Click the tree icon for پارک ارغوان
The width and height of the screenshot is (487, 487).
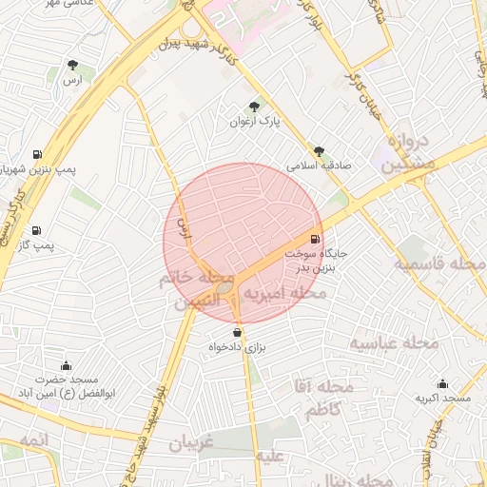pyautogui.click(x=254, y=107)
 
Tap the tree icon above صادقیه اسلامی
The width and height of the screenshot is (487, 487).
pyautogui.click(x=319, y=150)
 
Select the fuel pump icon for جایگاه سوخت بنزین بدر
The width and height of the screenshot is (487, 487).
pyautogui.click(x=315, y=239)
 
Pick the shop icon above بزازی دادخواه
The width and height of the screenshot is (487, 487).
pyautogui.click(x=237, y=333)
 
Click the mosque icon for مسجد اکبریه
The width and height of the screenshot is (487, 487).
pyautogui.click(x=442, y=383)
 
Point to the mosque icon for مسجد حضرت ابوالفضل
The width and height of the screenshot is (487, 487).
pyautogui.click(x=66, y=365)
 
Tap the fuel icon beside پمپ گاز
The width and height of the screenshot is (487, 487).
pyautogui.click(x=36, y=230)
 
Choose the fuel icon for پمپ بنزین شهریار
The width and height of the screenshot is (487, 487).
pyautogui.click(x=36, y=154)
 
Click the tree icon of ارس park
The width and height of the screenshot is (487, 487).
pyautogui.click(x=73, y=65)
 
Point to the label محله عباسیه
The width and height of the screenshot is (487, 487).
pyautogui.click(x=394, y=342)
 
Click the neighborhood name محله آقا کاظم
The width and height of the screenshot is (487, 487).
pyautogui.click(x=323, y=399)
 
